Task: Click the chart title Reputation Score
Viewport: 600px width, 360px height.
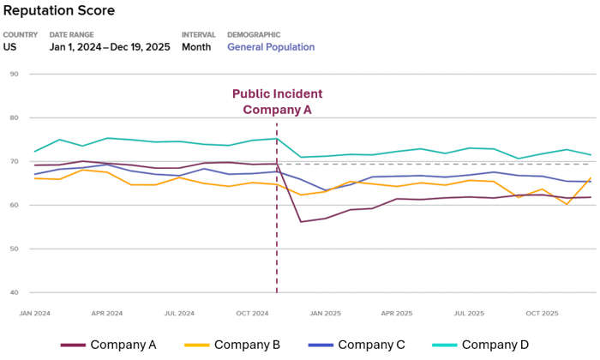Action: pyautogui.click(x=58, y=11)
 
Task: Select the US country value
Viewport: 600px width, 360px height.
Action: pyautogui.click(x=9, y=47)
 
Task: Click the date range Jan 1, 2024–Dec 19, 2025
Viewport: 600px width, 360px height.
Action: pyautogui.click(x=109, y=47)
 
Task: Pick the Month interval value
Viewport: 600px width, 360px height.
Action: pyautogui.click(x=196, y=47)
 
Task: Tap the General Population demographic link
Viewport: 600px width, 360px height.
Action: pyautogui.click(x=271, y=47)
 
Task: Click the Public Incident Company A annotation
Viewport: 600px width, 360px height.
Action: pyautogui.click(x=277, y=101)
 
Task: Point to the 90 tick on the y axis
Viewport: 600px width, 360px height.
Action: pyautogui.click(x=14, y=74)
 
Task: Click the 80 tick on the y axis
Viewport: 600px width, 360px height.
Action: pyautogui.click(x=14, y=117)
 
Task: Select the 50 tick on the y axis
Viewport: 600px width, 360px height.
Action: pyautogui.click(x=14, y=249)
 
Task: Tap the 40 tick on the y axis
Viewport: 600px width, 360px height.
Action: pyautogui.click(x=14, y=292)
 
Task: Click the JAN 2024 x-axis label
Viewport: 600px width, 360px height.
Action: pyautogui.click(x=34, y=314)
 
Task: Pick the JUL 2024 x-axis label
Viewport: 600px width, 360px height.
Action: pyautogui.click(x=179, y=314)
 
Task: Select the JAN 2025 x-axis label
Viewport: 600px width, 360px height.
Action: pyautogui.click(x=326, y=314)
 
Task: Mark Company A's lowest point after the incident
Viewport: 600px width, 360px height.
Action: pyautogui.click(x=301, y=222)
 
